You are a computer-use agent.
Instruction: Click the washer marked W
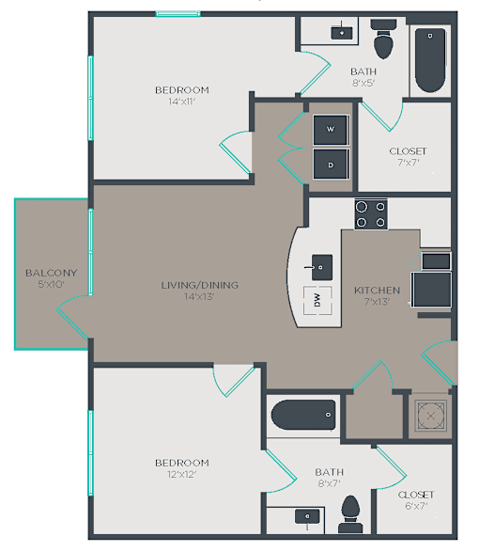pyautogui.click(x=331, y=130)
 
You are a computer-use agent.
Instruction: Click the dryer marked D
pyautogui.click(x=331, y=165)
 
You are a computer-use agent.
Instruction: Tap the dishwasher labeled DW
pyautogui.click(x=317, y=300)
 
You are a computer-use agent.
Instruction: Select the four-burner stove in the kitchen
pyautogui.click(x=371, y=214)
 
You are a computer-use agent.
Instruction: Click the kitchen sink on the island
pyautogui.click(x=321, y=268)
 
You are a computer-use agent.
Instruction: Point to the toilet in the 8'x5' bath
pyautogui.click(x=383, y=39)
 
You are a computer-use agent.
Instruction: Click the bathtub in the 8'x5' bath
pyautogui.click(x=430, y=60)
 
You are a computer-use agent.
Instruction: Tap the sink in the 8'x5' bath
pyautogui.click(x=342, y=32)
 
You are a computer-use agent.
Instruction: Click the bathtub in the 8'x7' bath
pyautogui.click(x=303, y=415)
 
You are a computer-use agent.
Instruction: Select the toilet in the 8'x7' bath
pyautogui.click(x=350, y=514)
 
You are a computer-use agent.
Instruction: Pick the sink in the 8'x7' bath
pyautogui.click(x=307, y=517)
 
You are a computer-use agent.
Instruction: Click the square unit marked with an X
pyautogui.click(x=430, y=416)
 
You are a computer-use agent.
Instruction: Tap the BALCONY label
pyautogui.click(x=52, y=273)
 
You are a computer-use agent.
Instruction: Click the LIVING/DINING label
pyautogui.click(x=200, y=285)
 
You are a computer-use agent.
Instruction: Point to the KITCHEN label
pyautogui.click(x=377, y=291)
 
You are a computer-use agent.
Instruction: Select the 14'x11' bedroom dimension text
pyautogui.click(x=182, y=102)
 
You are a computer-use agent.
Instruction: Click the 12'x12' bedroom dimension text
pyautogui.click(x=182, y=475)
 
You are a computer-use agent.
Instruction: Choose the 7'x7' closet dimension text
pyautogui.click(x=409, y=163)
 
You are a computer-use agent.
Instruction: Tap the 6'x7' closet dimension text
pyautogui.click(x=416, y=506)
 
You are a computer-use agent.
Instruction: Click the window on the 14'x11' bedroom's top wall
pyautogui.click(x=178, y=14)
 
